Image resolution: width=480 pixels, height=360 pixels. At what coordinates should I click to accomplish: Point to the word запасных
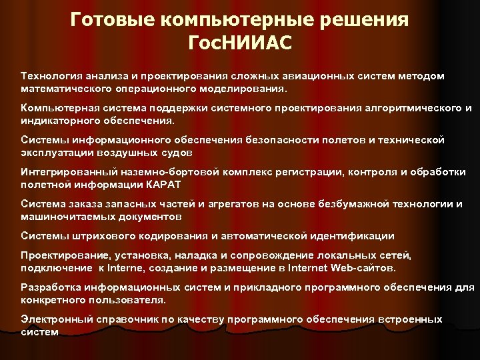point(135,203)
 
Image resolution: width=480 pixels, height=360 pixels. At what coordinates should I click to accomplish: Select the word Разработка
point(51,287)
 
